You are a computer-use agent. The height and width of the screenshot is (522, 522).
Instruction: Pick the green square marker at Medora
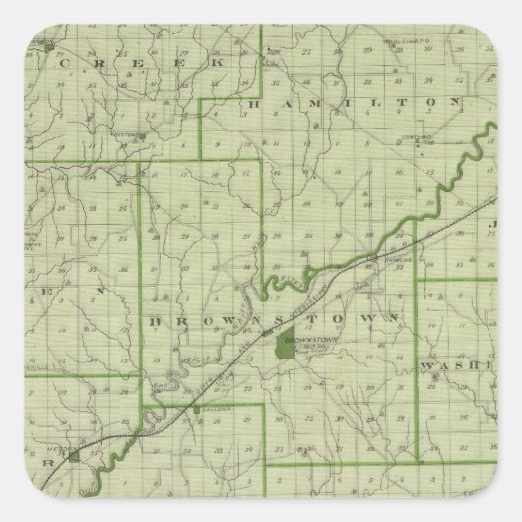point(73,457)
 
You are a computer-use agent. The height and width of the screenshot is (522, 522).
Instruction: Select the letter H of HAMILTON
point(255,102)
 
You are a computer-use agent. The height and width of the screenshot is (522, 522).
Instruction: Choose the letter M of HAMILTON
point(312,102)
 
